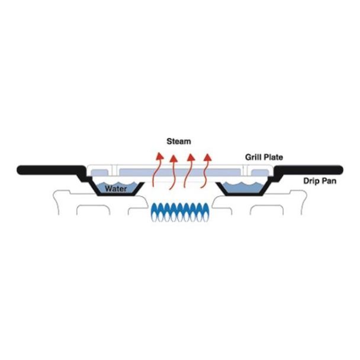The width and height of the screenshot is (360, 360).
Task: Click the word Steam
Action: point(179,141)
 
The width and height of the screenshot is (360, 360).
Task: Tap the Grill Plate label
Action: point(264,157)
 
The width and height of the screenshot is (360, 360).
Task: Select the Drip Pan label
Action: point(320,181)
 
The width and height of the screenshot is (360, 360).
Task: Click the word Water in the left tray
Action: point(115,189)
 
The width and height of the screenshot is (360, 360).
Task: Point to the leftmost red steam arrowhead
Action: point(159,156)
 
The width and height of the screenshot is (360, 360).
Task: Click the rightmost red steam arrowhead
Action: point(208,157)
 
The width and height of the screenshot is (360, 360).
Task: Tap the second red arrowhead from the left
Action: point(174,159)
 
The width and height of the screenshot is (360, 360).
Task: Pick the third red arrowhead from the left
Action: point(191,157)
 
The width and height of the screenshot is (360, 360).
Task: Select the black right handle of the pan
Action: point(309,170)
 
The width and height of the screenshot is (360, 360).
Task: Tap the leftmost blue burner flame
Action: point(155,212)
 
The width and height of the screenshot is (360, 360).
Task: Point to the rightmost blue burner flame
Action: point(206,212)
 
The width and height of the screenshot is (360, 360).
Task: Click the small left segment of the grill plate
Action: point(99,173)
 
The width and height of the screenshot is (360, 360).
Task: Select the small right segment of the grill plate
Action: point(260,173)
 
